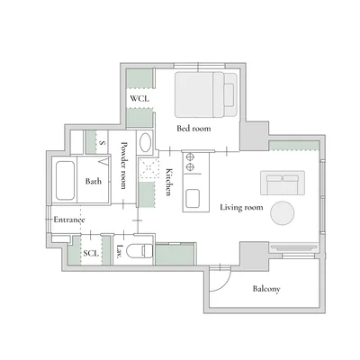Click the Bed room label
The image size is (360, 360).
(193, 129)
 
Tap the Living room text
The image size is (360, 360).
(241, 207)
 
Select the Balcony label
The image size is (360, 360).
(266, 289)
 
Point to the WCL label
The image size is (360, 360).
(139, 98)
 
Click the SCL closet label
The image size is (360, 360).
(91, 253)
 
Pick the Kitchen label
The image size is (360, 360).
(169, 182)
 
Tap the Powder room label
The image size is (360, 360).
(123, 166)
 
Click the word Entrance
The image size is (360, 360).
(69, 220)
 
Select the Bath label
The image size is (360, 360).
(94, 181)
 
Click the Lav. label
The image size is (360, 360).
(120, 251)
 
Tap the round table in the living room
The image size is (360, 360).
(283, 213)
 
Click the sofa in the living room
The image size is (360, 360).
(283, 183)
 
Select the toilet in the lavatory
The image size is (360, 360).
(139, 251)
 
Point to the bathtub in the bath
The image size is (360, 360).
(65, 181)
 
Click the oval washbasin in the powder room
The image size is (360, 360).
(146, 142)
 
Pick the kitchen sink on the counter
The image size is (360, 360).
(193, 199)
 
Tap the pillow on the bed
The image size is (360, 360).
(229, 95)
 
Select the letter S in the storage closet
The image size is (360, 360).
(103, 143)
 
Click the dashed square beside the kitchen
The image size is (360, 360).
(149, 169)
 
